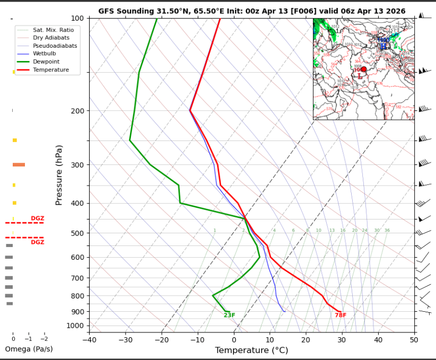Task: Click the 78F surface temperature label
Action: (340, 315)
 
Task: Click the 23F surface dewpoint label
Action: (229, 315)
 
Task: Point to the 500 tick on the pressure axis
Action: (77, 233)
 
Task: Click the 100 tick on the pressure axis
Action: (77, 19)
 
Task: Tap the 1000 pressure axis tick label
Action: (76, 326)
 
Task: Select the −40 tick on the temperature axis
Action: (89, 339)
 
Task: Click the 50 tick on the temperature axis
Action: (414, 339)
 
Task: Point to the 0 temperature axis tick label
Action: (234, 339)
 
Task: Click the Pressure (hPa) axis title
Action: (59, 175)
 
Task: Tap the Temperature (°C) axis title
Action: (251, 350)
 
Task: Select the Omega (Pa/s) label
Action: (29, 349)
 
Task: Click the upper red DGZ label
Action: (37, 218)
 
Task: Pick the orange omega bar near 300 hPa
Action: (19, 165)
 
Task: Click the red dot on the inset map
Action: (363, 69)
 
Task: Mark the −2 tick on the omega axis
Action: (43, 339)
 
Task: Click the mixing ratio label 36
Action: (387, 231)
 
